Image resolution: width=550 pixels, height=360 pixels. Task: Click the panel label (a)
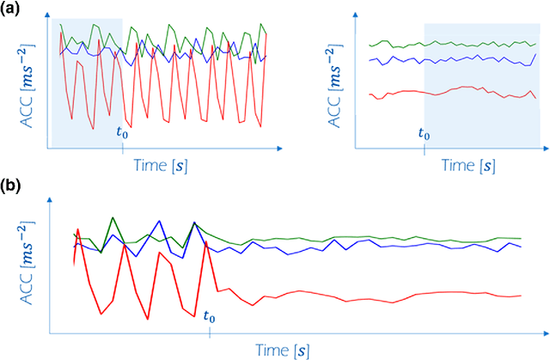tap(12, 9)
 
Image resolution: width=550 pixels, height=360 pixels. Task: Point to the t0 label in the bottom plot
tap(209, 316)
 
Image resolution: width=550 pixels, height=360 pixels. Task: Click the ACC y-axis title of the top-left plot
tap(26, 87)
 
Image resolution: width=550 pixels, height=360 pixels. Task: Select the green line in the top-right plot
tap(447, 42)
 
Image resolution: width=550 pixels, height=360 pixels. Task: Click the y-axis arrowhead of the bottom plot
tap(51, 204)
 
